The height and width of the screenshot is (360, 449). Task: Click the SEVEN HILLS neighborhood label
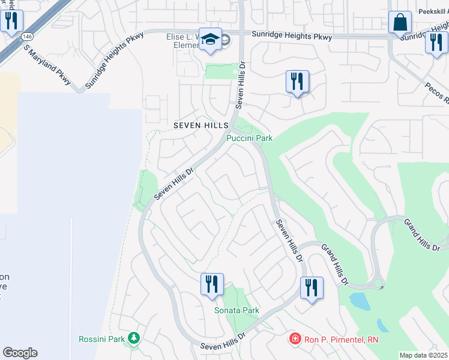click(200, 125)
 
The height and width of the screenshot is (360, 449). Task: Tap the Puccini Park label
click(249, 138)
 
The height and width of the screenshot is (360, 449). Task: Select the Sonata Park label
click(237, 310)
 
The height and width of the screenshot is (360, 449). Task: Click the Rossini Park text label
click(101, 339)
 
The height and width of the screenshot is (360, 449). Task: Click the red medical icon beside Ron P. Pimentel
click(295, 339)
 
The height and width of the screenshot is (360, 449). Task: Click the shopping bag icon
click(400, 23)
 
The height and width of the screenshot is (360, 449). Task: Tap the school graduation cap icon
click(210, 40)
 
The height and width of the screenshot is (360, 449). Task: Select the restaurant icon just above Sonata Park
click(212, 284)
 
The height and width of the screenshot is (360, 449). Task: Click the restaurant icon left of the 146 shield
click(11, 21)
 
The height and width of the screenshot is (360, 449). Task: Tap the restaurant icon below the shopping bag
click(436, 43)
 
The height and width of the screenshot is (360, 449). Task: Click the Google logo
click(20, 353)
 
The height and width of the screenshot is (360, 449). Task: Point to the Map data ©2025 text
click(423, 355)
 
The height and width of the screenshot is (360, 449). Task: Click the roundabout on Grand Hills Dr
click(378, 284)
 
